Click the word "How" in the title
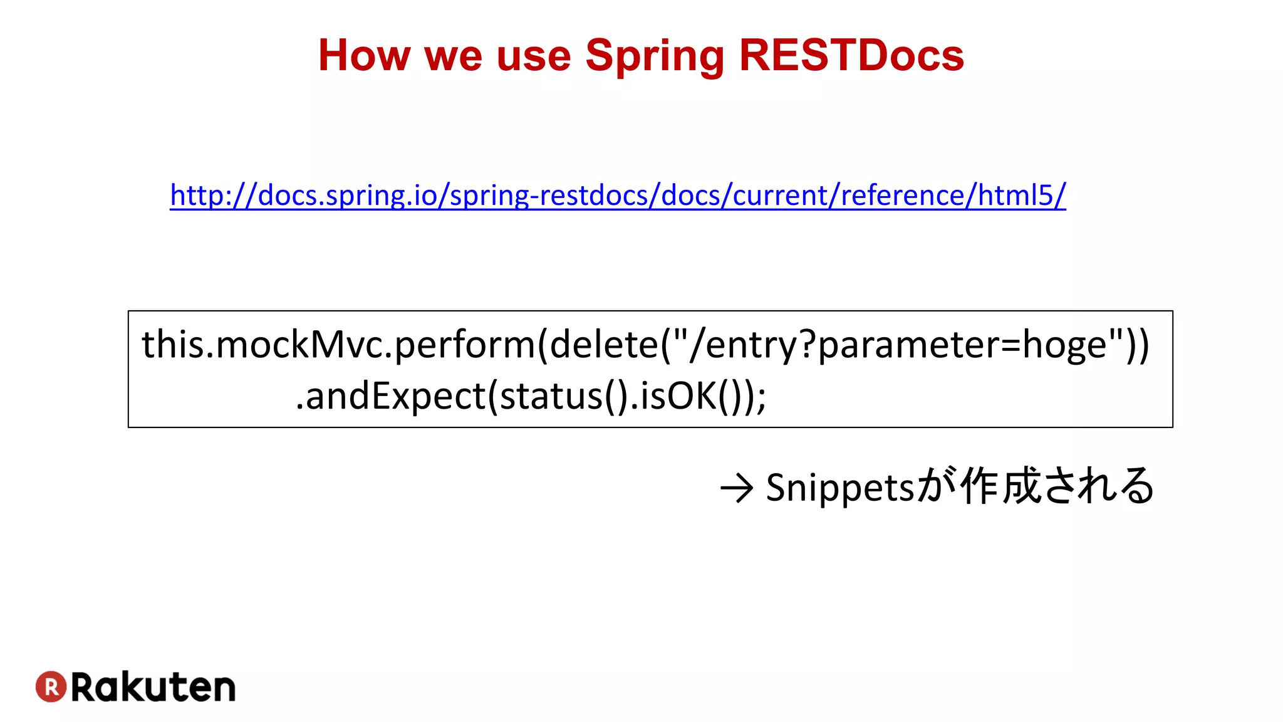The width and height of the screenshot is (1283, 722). (363, 56)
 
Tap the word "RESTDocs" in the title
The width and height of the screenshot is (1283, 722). (851, 56)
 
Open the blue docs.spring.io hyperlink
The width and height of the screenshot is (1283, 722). (618, 196)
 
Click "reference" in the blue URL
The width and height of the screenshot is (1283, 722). (902, 196)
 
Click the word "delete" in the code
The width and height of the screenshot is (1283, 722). (604, 345)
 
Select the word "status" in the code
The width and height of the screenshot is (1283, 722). (551, 396)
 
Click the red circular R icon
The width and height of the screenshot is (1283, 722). (51, 686)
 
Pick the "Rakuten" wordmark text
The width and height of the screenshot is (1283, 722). (153, 687)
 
